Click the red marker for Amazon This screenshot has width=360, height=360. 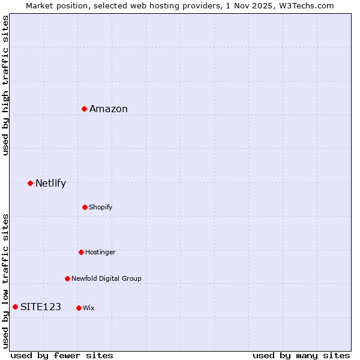85,109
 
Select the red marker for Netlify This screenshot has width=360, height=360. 30,183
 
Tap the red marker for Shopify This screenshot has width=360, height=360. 85,207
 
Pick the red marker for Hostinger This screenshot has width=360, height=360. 81,252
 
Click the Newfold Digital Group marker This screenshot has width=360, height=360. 67,278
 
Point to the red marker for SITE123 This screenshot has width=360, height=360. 15,307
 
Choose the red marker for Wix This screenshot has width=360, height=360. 79,308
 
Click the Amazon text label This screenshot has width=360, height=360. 109,109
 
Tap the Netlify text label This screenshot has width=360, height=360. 50,183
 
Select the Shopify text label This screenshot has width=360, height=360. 100,207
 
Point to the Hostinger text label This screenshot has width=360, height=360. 100,252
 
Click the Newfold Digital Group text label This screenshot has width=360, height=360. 106,278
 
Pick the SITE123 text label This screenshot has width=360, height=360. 41,307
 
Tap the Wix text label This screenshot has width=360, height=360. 88,308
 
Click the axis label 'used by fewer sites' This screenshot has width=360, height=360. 62,355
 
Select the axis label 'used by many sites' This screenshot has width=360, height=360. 301,355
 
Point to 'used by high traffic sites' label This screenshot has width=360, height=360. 5,85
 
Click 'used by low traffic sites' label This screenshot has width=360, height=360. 5,280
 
